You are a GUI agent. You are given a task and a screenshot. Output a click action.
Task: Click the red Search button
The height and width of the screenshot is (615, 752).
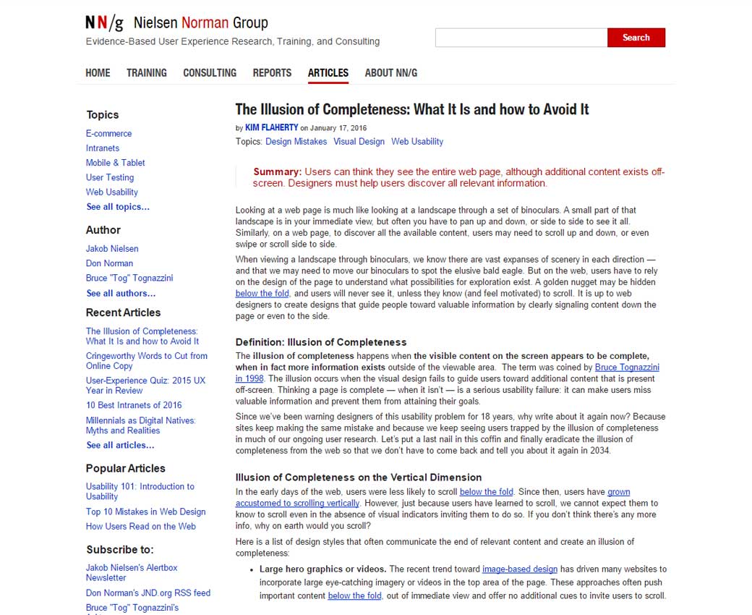coord(636,38)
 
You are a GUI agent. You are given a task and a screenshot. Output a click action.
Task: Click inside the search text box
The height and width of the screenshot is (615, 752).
coord(521,38)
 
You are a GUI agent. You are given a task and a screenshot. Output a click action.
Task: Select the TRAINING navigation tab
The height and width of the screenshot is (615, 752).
coord(146,72)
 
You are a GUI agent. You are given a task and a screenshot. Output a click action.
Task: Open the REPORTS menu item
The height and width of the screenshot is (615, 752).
coord(272,72)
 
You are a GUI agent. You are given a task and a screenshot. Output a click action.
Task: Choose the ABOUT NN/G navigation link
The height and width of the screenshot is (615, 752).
coord(390,72)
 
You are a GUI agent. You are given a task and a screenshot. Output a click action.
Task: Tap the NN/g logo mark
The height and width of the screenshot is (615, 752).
coord(104,23)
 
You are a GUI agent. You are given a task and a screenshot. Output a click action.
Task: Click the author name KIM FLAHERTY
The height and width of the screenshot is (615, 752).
coord(271,127)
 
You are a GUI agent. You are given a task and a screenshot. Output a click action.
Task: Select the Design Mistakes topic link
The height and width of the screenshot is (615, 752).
coord(296,141)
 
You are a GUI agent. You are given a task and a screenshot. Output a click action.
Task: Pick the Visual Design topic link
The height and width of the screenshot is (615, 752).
coord(359,141)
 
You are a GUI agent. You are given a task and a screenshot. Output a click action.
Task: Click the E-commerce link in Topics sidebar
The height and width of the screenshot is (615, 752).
coord(108,133)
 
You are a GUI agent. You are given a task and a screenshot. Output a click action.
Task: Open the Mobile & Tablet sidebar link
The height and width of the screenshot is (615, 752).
coord(115,163)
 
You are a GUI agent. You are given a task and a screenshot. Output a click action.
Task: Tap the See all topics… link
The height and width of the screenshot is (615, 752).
coord(118,207)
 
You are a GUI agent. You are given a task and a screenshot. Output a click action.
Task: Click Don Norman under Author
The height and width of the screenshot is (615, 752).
coord(109,263)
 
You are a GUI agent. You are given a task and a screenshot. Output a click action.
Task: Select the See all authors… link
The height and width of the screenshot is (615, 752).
coord(121,293)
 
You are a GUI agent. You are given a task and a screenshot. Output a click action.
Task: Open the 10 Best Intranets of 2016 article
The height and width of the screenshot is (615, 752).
coord(134,405)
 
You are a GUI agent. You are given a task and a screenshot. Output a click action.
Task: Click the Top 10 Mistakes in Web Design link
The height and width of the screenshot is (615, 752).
coord(145,512)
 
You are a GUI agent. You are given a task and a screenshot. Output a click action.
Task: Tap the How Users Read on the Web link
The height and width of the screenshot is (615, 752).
coord(140,526)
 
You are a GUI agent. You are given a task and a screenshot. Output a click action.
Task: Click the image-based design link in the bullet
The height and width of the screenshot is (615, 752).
coord(519,569)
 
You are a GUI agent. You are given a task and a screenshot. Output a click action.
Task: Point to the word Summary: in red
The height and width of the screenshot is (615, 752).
coord(277,171)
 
